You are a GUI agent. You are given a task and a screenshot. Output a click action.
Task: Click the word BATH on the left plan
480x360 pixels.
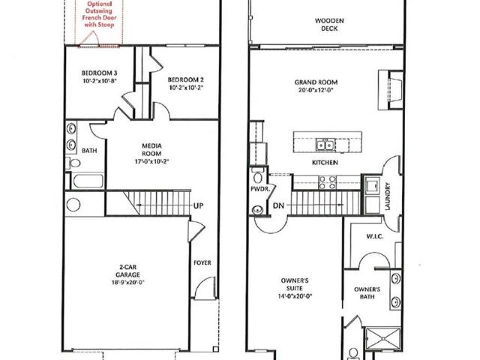pyautogui.click(x=89, y=150)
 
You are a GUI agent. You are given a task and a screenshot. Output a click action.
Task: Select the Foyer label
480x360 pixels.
pyautogui.click(x=202, y=262)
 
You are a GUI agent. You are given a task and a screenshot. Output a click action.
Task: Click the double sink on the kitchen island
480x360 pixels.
pyautogui.click(x=325, y=144)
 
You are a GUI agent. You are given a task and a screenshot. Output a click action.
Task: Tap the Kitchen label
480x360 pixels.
pyautogui.click(x=325, y=163)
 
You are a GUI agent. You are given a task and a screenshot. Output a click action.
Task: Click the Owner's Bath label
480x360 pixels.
pyautogui.click(x=367, y=293)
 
